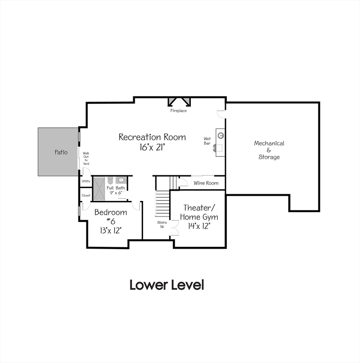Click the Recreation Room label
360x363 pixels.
click(x=152, y=137)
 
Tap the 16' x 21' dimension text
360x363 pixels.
click(x=152, y=147)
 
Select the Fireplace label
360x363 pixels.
click(x=179, y=111)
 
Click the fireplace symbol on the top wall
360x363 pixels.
click(x=179, y=102)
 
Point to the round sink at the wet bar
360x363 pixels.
click(x=221, y=136)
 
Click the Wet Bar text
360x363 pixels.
click(x=207, y=141)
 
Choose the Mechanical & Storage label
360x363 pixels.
click(x=269, y=150)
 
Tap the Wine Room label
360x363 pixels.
click(x=206, y=183)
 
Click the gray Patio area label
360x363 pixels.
click(x=60, y=152)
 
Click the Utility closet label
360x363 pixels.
click(x=86, y=181)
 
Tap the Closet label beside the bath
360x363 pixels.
click(x=86, y=195)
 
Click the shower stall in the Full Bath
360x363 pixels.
click(x=99, y=188)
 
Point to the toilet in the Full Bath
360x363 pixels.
click(x=110, y=180)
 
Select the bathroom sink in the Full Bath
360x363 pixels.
click(x=120, y=180)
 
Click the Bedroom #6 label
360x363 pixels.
click(x=111, y=216)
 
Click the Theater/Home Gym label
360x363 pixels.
click(x=199, y=212)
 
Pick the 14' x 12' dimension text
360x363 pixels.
click(x=199, y=226)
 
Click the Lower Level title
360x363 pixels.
click(x=167, y=285)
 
